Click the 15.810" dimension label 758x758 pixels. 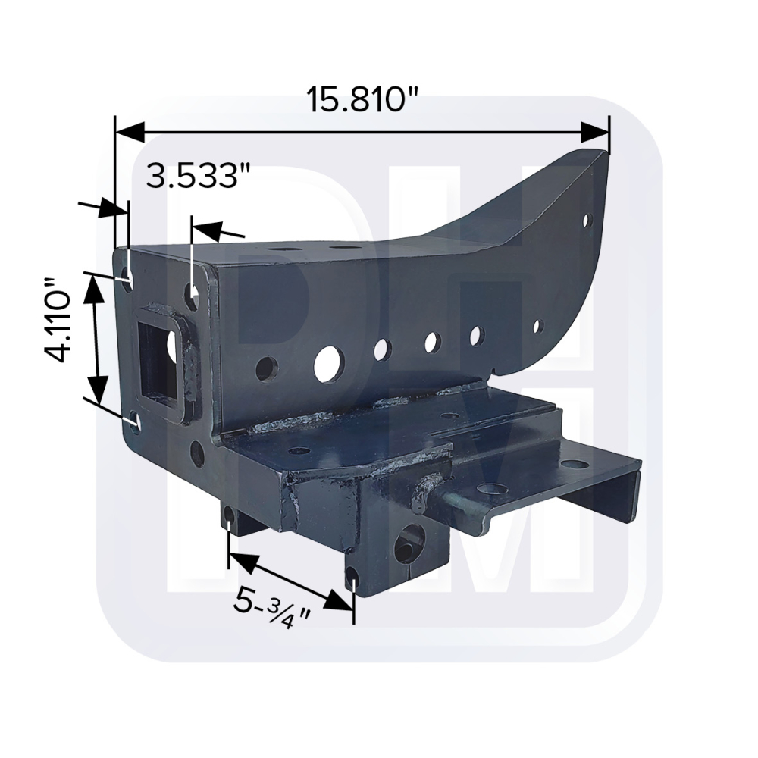click(x=362, y=101)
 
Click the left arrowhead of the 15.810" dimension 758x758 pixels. click(x=130, y=131)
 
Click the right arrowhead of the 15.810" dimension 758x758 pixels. click(x=594, y=131)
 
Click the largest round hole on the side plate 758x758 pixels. click(x=327, y=364)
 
